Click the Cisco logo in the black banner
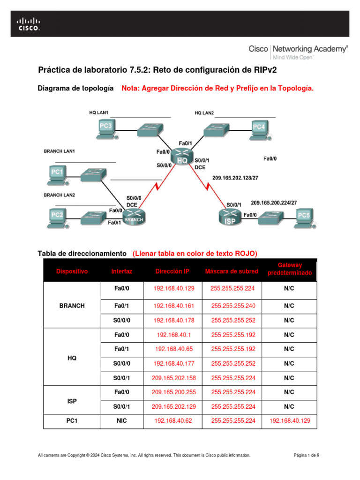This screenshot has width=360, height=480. [x=29, y=24]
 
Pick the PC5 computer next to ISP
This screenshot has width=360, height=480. [x=303, y=217]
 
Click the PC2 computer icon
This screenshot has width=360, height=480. [x=57, y=217]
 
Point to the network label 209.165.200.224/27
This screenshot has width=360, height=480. [x=274, y=202]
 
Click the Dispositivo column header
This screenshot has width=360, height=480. [x=72, y=271]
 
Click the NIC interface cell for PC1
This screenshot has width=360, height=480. [x=122, y=421]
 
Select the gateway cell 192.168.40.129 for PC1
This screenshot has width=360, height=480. [x=289, y=421]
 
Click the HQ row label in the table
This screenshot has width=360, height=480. [x=72, y=357]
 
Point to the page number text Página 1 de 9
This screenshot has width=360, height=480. [x=306, y=455]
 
